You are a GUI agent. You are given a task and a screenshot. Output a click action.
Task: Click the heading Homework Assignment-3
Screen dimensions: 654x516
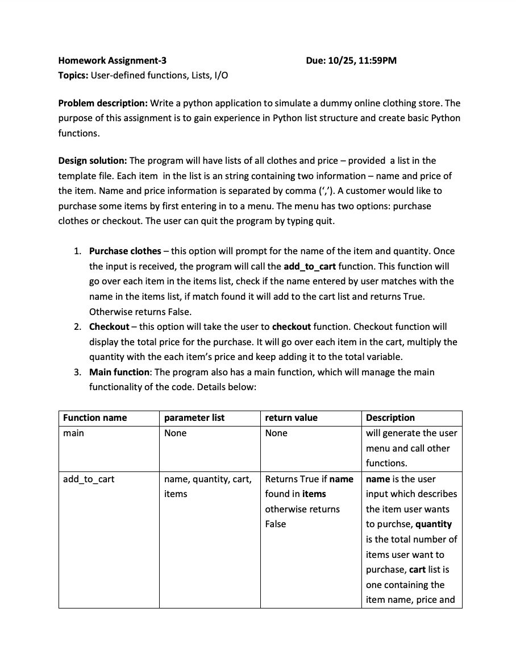point(113,60)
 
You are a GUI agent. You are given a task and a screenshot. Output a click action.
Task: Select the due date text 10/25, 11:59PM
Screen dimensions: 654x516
point(362,60)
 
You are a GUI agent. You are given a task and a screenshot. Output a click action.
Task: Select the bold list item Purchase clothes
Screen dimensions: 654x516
point(125,251)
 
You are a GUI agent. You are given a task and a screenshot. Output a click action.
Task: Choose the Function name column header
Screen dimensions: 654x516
point(95,417)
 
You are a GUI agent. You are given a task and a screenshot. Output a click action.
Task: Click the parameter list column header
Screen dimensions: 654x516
point(194,417)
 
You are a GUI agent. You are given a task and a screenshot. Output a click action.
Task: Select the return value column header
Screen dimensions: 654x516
point(292,417)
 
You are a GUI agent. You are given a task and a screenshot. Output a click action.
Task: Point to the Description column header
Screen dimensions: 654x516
point(390,417)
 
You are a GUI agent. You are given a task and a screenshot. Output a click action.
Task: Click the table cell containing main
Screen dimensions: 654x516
point(73,433)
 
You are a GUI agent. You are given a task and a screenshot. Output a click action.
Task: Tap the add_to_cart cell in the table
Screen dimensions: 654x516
point(89,479)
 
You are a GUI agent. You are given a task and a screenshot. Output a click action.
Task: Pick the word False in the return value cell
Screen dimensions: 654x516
point(276,524)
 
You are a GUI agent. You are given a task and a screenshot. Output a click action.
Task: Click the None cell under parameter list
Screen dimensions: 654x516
point(175,433)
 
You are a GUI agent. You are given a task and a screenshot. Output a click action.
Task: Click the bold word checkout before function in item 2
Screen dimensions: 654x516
point(292,326)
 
